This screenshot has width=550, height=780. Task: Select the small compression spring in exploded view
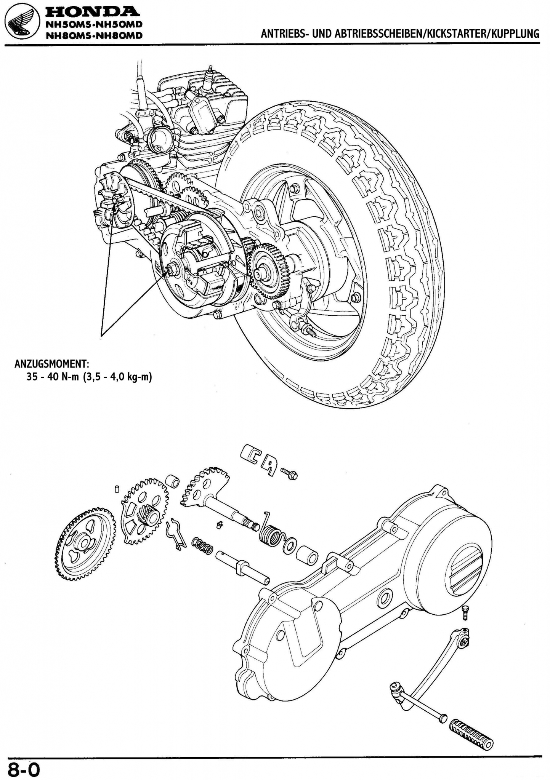[x=202, y=546]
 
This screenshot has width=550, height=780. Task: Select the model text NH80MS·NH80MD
[x=93, y=36]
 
